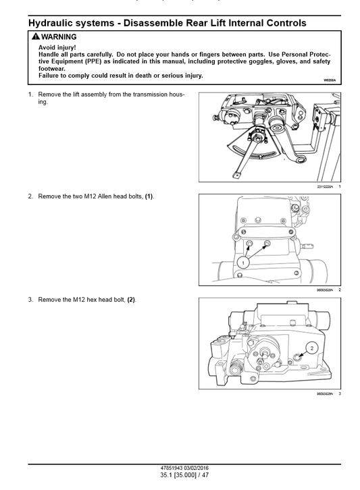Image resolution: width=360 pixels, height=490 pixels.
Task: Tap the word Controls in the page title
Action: coord(279,23)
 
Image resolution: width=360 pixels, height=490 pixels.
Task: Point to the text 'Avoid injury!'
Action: coord(57,47)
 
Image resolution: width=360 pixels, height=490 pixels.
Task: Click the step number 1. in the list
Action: coord(30,94)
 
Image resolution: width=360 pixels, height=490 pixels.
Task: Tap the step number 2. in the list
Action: coord(30,196)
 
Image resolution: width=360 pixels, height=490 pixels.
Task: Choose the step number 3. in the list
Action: coord(30,299)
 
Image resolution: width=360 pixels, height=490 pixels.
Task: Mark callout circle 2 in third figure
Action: coord(311,348)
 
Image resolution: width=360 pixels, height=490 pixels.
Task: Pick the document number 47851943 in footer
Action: coord(168,468)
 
